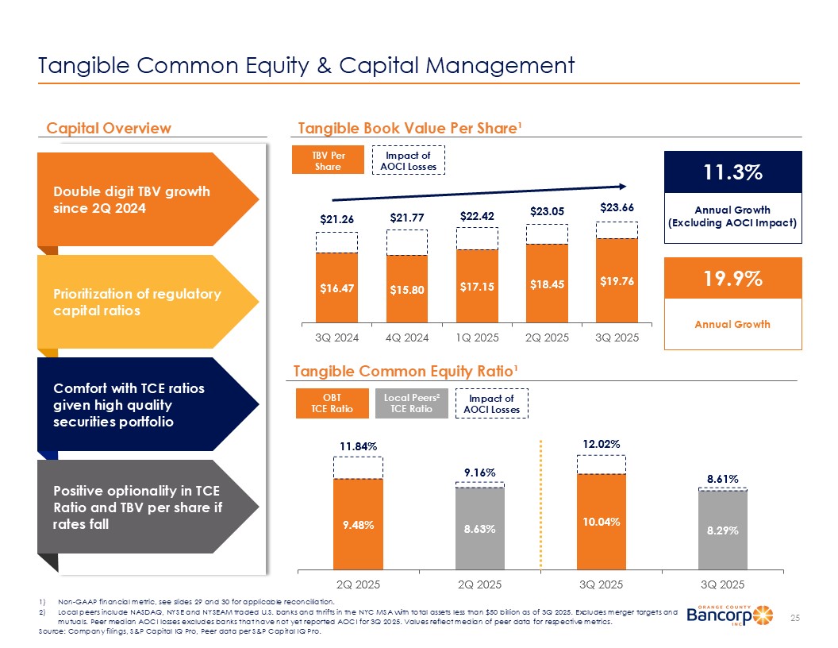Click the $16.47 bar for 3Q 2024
[x=336, y=287]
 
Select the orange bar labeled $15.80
[x=406, y=288]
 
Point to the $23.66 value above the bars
[x=616, y=206]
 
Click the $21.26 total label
[x=336, y=218]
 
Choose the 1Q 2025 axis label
[x=477, y=337]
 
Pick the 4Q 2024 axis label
[x=407, y=337]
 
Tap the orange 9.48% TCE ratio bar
[x=359, y=523]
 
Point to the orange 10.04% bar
[x=602, y=521]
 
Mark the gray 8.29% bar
[x=723, y=530]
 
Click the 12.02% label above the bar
[x=602, y=442]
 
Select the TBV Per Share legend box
[x=328, y=160]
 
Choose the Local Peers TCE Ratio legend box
[x=416, y=403]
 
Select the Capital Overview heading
[x=109, y=128]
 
